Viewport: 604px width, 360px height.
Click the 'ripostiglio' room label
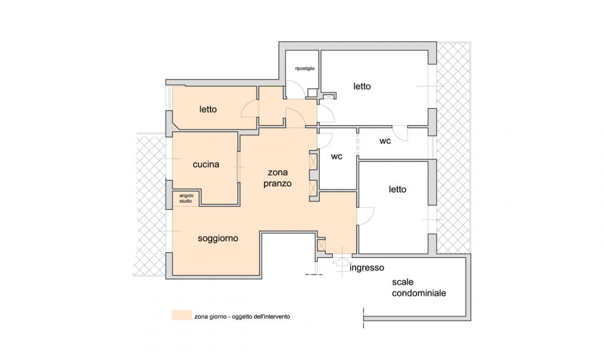[x=305, y=68]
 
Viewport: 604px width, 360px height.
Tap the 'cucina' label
[x=206, y=165]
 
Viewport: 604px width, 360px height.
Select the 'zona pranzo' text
[x=277, y=178]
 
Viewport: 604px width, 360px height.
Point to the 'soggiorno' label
[x=218, y=238]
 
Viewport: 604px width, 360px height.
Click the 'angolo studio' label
[x=186, y=199]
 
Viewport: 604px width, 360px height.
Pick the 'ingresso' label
[x=367, y=267]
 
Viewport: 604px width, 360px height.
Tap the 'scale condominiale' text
[x=419, y=287]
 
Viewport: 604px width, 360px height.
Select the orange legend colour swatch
[x=182, y=315]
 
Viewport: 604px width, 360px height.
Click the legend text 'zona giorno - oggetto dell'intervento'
[x=242, y=317]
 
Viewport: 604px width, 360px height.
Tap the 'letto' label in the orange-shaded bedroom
[x=208, y=110]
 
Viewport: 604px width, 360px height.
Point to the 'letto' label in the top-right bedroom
[x=362, y=86]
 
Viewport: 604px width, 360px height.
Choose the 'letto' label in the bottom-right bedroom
[x=397, y=190]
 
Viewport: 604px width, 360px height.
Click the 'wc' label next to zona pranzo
[x=336, y=156]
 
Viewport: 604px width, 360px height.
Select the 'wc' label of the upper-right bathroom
[x=385, y=141]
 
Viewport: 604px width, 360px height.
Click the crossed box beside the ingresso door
[x=321, y=245]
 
